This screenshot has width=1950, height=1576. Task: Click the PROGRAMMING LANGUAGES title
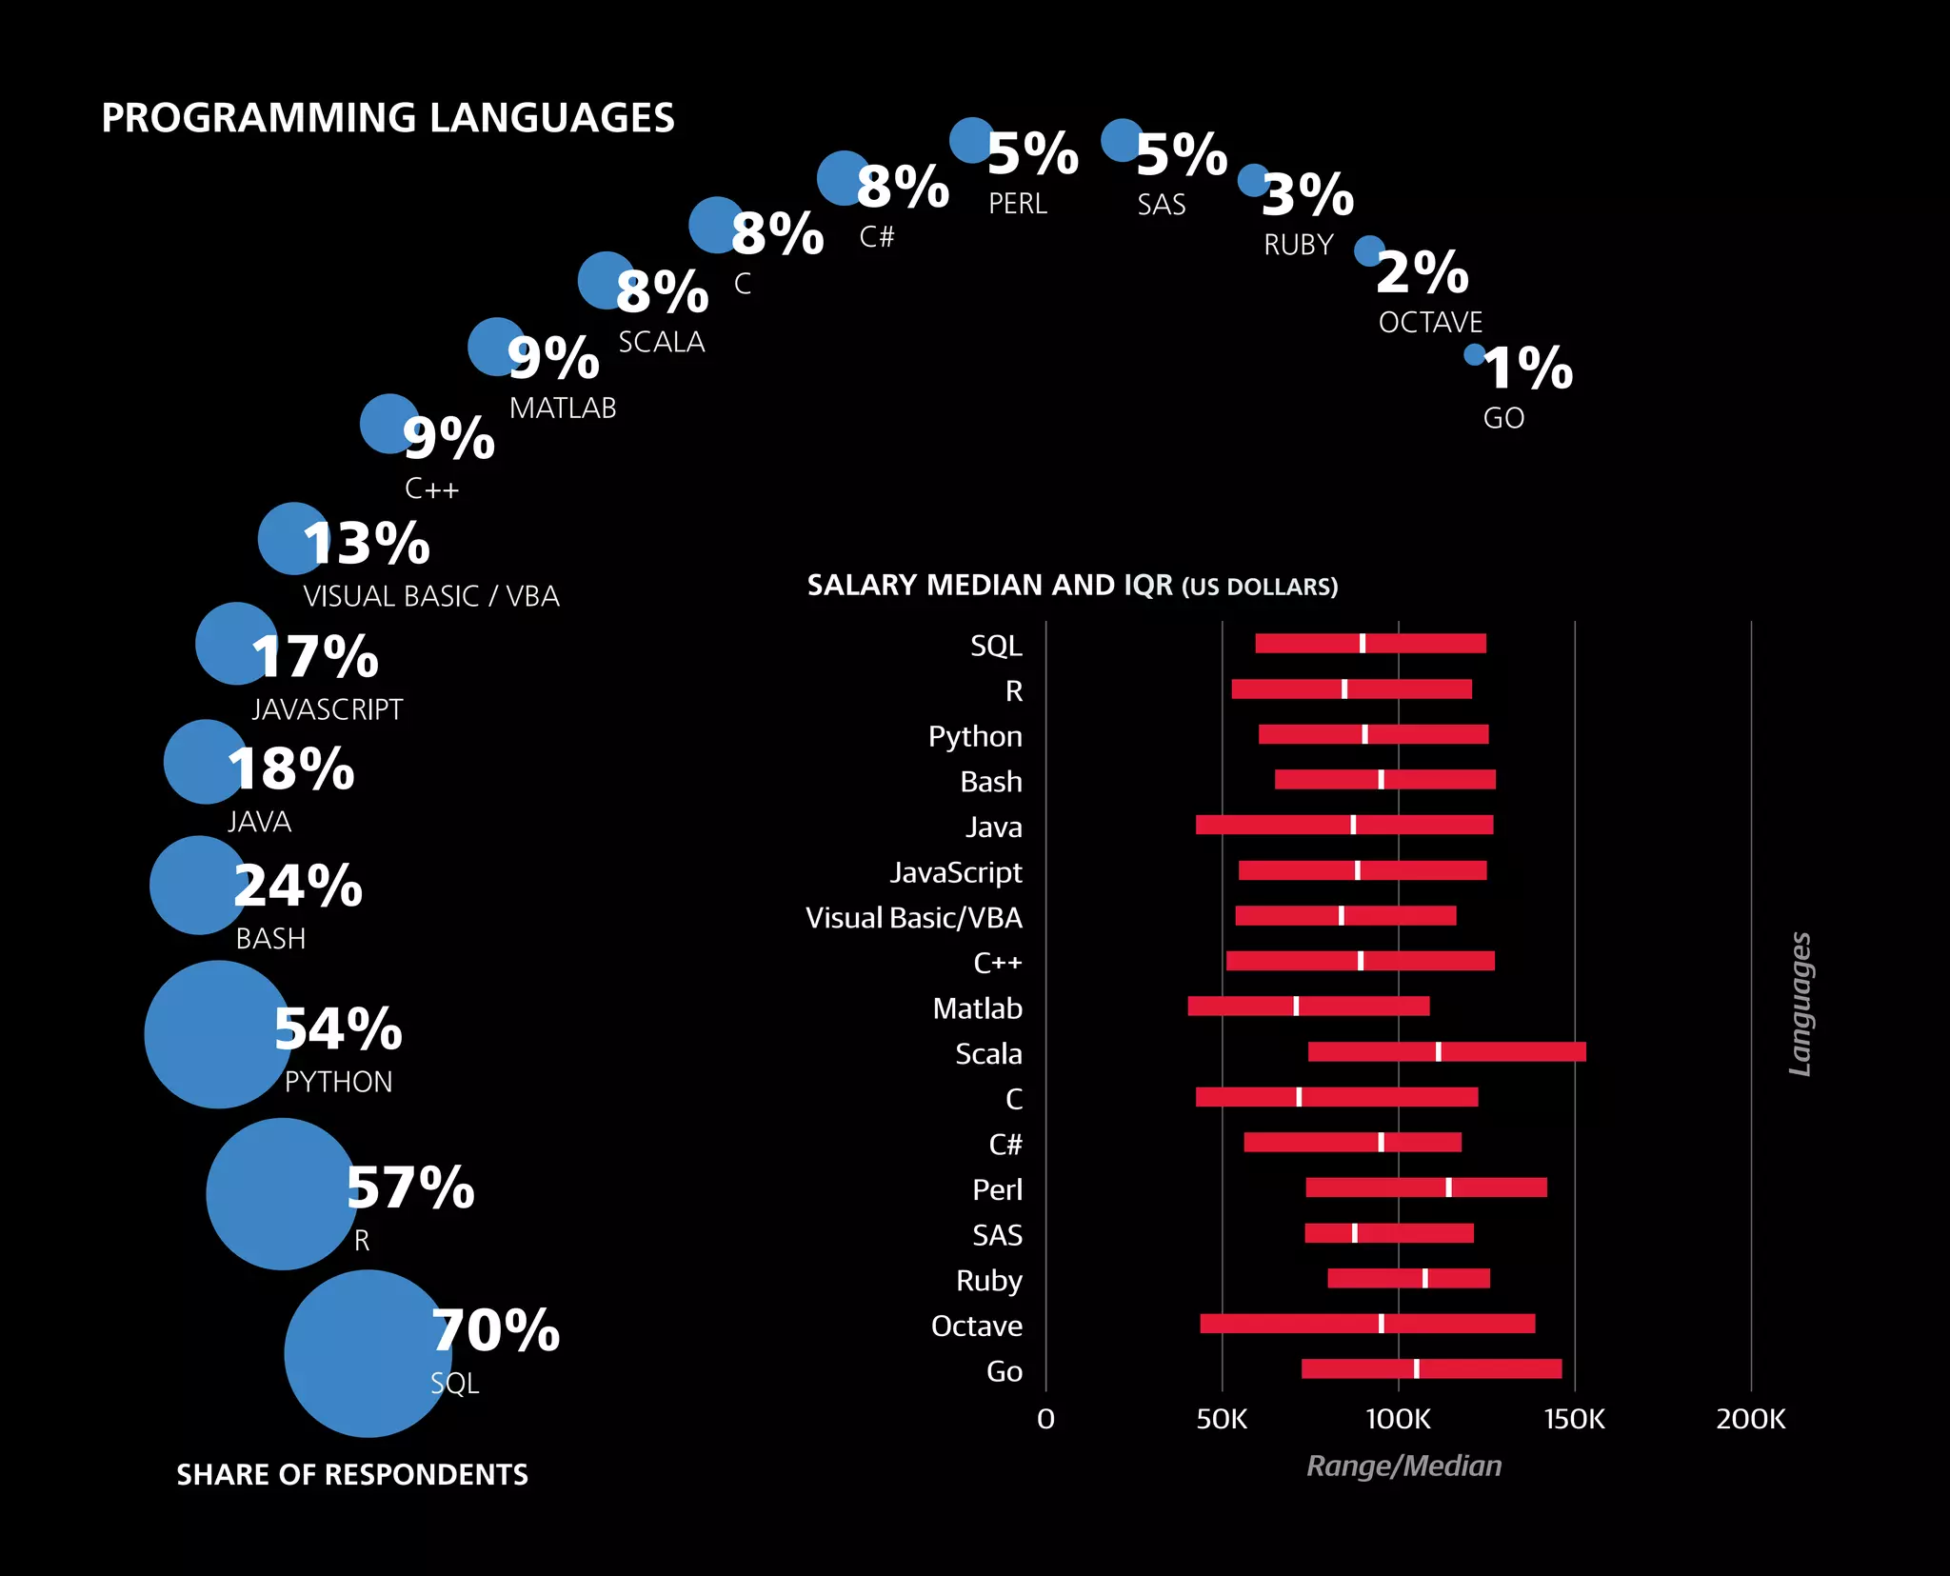click(x=388, y=118)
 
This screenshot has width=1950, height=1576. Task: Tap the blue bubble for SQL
click(x=367, y=1353)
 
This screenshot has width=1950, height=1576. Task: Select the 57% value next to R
click(x=410, y=1187)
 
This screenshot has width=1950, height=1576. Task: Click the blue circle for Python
click(x=217, y=1034)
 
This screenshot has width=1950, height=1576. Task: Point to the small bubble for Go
click(x=1474, y=354)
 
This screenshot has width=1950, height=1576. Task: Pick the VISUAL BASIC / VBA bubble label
click(x=430, y=596)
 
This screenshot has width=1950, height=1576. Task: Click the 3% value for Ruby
click(x=1308, y=195)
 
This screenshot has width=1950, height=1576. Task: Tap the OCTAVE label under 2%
click(x=1430, y=323)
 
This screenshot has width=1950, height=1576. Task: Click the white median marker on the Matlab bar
click(x=1296, y=1007)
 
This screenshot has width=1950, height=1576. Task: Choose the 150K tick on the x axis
click(x=1574, y=1419)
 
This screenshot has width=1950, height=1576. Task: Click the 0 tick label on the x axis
click(x=1045, y=1419)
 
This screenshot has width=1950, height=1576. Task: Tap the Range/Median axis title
click(x=1403, y=1466)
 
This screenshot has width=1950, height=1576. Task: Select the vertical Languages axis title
click(x=1800, y=1004)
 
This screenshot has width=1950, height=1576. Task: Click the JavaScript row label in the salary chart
click(x=955, y=872)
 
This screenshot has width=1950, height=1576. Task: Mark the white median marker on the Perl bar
click(x=1448, y=1187)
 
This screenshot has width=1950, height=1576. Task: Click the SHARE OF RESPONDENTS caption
click(x=352, y=1474)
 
